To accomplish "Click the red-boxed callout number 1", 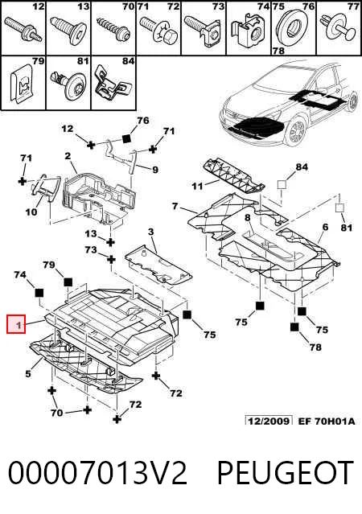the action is pyautogui.click(x=16, y=324).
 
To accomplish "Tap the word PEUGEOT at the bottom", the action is pyautogui.click(x=285, y=473).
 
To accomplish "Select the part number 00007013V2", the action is pyautogui.click(x=97, y=473).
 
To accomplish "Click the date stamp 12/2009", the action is pyautogui.click(x=269, y=421).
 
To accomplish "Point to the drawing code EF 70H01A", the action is pyautogui.click(x=327, y=421).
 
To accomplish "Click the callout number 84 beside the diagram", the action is pyautogui.click(x=302, y=167).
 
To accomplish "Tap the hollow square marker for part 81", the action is pyautogui.click(x=339, y=208).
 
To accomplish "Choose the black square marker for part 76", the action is pyautogui.click(x=126, y=139).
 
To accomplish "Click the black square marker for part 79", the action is pyautogui.click(x=68, y=282).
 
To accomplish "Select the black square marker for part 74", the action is pyautogui.click(x=39, y=293).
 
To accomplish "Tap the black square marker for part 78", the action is pyautogui.click(x=294, y=327).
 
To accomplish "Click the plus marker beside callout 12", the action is pyautogui.click(x=91, y=144).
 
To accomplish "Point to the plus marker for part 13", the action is pyautogui.click(x=110, y=242).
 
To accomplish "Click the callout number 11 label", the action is pyautogui.click(x=197, y=186).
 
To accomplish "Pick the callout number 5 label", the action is pyautogui.click(x=28, y=373).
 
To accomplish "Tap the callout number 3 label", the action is pyautogui.click(x=150, y=232).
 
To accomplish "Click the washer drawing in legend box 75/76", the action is pyautogui.click(x=293, y=30).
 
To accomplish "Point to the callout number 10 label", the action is pyautogui.click(x=31, y=212).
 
